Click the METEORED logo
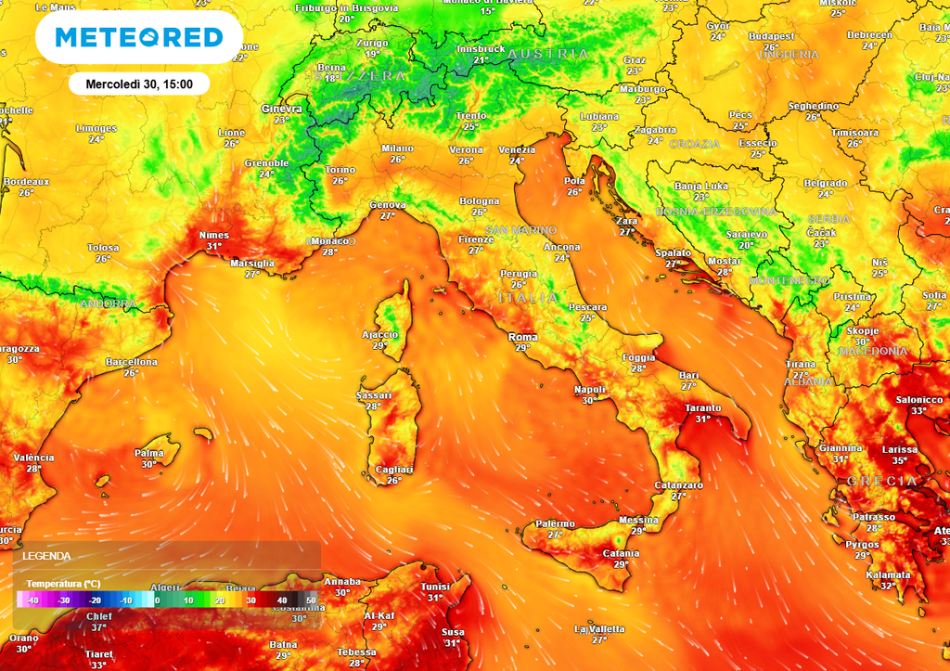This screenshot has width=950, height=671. (139, 37)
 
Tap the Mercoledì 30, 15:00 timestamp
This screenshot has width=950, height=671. (139, 84)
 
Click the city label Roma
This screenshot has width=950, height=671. (522, 337)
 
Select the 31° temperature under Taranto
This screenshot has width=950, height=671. (703, 419)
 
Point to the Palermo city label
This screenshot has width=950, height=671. (555, 524)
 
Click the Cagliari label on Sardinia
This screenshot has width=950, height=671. (393, 470)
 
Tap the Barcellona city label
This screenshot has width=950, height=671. (132, 362)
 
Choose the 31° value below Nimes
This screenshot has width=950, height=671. (214, 246)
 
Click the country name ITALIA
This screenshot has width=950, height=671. (528, 298)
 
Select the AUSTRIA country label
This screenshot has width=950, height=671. (548, 54)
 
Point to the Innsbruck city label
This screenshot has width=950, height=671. (481, 49)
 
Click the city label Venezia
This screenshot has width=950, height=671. (517, 149)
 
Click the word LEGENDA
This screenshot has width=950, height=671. (46, 555)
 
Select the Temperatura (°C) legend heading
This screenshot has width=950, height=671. (63, 583)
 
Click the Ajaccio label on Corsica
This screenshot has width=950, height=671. (379, 334)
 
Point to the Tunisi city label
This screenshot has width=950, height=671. (435, 587)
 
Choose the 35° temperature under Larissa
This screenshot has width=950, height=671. (899, 460)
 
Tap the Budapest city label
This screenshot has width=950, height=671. (772, 36)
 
